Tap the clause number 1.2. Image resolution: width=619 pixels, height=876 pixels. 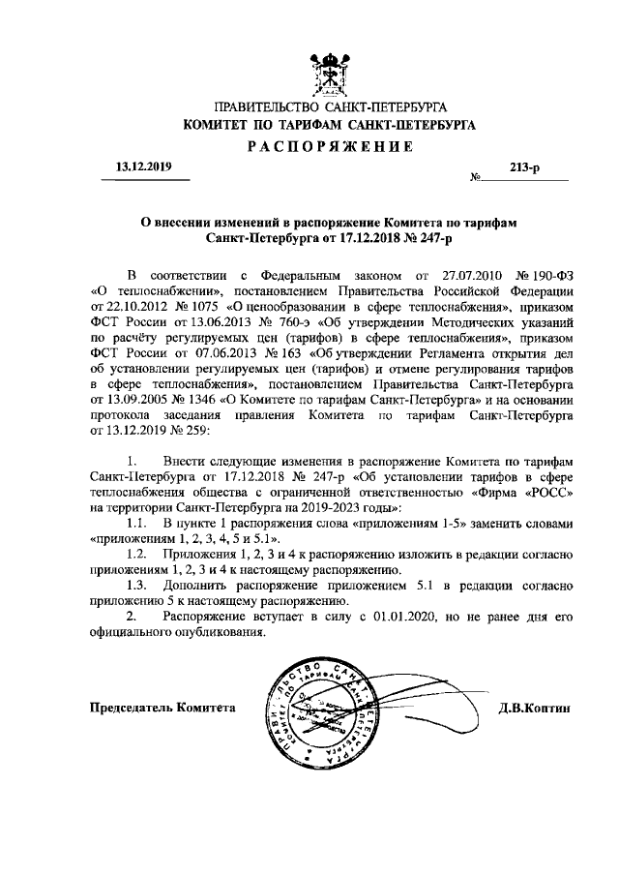(137, 554)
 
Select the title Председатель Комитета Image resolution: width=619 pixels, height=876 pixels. (162, 708)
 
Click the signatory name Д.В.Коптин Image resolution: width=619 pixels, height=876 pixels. (535, 708)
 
